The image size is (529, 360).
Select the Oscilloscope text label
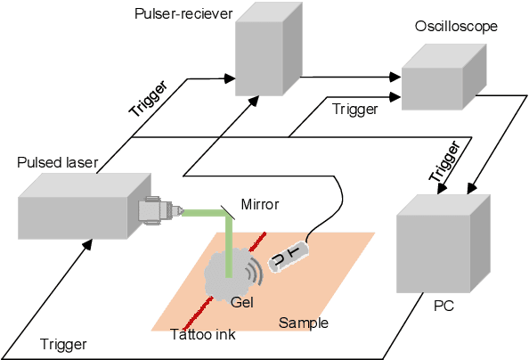[x=455, y=27]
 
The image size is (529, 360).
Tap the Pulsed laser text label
[x=57, y=162]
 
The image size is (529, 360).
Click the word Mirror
[x=258, y=205]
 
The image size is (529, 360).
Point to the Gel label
[x=242, y=302]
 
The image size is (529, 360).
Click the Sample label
[x=304, y=323]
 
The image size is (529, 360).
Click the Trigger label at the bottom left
[x=63, y=344]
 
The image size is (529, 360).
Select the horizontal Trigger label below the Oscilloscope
[x=354, y=109]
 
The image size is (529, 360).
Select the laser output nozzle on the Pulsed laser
[x=159, y=211]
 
